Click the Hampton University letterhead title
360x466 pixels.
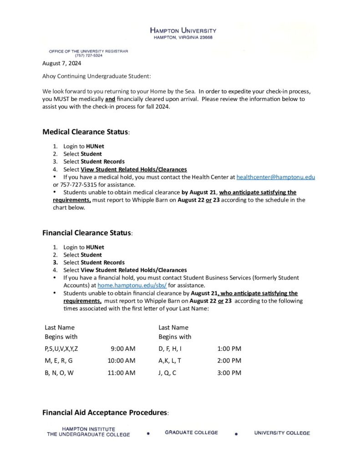183,30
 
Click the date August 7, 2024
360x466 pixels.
61,63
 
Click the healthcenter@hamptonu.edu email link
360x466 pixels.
275,177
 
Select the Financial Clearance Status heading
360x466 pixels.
87,233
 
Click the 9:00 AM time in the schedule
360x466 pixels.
123,349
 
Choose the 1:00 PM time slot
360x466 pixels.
229,349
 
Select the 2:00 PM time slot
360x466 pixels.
229,361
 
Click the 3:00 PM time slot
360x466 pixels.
229,373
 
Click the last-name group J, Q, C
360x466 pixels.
167,373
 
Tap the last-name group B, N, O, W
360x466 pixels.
59,373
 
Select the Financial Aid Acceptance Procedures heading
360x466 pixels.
105,413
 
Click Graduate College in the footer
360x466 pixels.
191,433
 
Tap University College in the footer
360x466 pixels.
282,433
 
